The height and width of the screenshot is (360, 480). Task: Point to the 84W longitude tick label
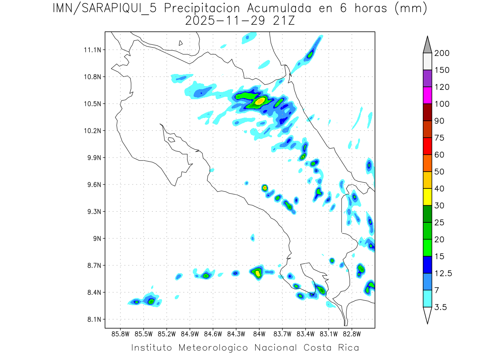(x=259, y=334)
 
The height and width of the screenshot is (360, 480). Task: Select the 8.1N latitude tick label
(x=93, y=319)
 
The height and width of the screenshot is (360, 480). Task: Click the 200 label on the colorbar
(x=442, y=53)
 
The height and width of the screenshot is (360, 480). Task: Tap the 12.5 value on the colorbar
(x=443, y=273)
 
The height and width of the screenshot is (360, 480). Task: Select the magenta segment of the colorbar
(x=427, y=95)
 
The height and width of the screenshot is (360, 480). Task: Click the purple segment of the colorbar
(x=427, y=78)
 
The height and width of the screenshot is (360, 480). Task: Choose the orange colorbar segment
(x=427, y=163)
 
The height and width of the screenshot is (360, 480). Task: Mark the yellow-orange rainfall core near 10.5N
(x=260, y=101)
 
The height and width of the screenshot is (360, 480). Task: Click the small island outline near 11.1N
(x=181, y=43)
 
